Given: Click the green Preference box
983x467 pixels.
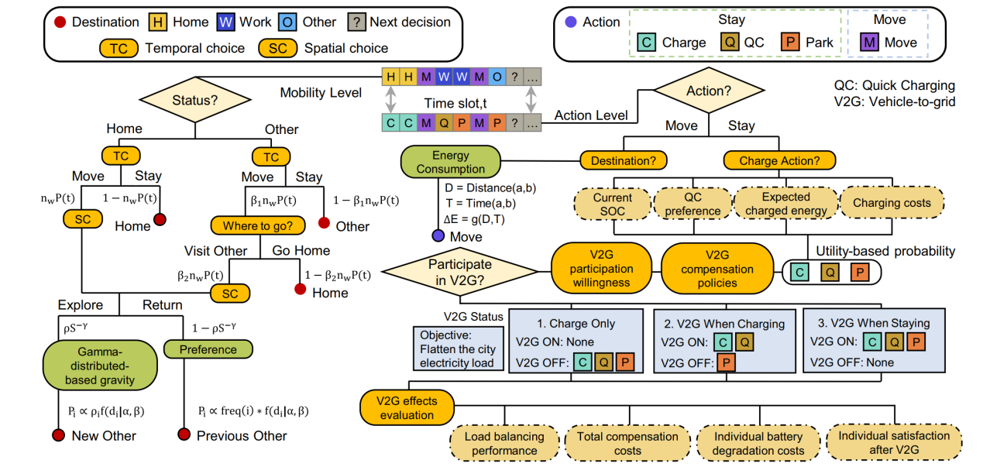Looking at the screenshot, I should pyautogui.click(x=208, y=349).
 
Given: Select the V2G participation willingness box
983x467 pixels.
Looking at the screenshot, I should pyautogui.click(x=602, y=269).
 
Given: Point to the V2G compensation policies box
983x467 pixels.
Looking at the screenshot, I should pyautogui.click(x=717, y=270).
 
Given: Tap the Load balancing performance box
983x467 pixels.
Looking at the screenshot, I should pyautogui.click(x=504, y=443).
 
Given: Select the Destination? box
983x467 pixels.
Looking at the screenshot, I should pyautogui.click(x=624, y=160).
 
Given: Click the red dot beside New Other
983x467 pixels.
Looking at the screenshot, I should pyautogui.click(x=58, y=435).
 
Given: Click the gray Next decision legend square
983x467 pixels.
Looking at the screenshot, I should pyautogui.click(x=357, y=22).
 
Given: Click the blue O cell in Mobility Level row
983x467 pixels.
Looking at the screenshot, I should pyautogui.click(x=497, y=77).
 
